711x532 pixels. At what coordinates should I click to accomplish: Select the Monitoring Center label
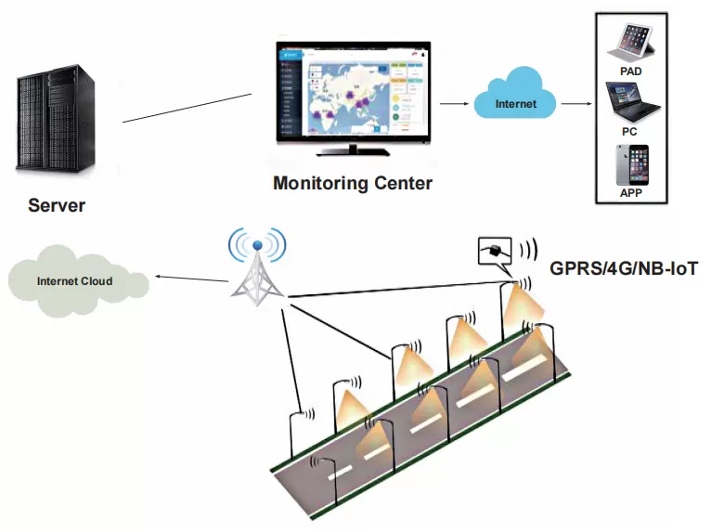pyautogui.click(x=353, y=183)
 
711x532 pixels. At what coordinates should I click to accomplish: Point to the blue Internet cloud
pyautogui.click(x=514, y=103)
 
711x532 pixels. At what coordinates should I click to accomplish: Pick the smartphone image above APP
pyautogui.click(x=630, y=165)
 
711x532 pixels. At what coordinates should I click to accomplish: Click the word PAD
pyautogui.click(x=630, y=71)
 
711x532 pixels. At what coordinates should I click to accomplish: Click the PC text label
pyautogui.click(x=629, y=132)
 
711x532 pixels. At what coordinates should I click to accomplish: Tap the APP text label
pyautogui.click(x=630, y=194)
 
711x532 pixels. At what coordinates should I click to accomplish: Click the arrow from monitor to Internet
pyautogui.click(x=453, y=104)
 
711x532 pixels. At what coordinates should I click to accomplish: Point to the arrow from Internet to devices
pyautogui.click(x=575, y=104)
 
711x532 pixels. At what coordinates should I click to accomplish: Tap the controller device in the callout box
pyautogui.click(x=498, y=251)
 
